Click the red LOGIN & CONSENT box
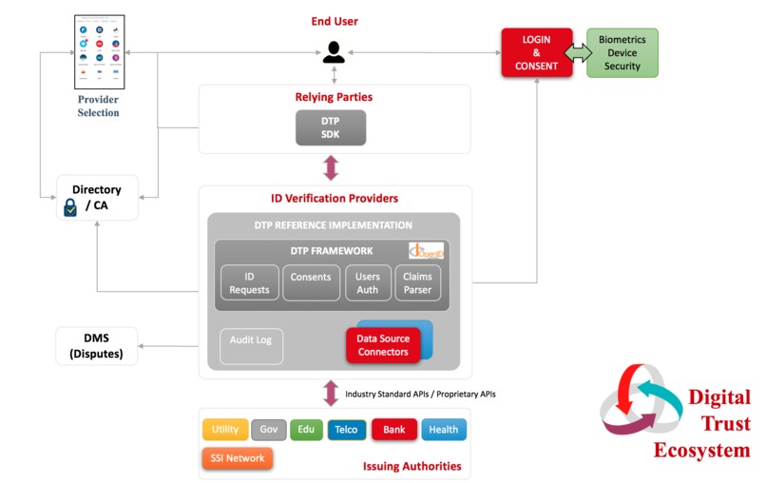(537, 52)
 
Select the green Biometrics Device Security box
(622, 52)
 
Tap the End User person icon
(334, 52)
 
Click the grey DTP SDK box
(330, 126)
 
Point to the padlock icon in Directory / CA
(70, 207)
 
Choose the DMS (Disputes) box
(96, 346)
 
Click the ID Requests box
(250, 283)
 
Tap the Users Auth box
(367, 283)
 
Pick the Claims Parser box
(418, 283)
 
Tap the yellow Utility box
(225, 430)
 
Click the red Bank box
(393, 430)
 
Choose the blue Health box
(444, 430)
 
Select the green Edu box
(306, 430)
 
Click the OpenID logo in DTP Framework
(427, 251)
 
